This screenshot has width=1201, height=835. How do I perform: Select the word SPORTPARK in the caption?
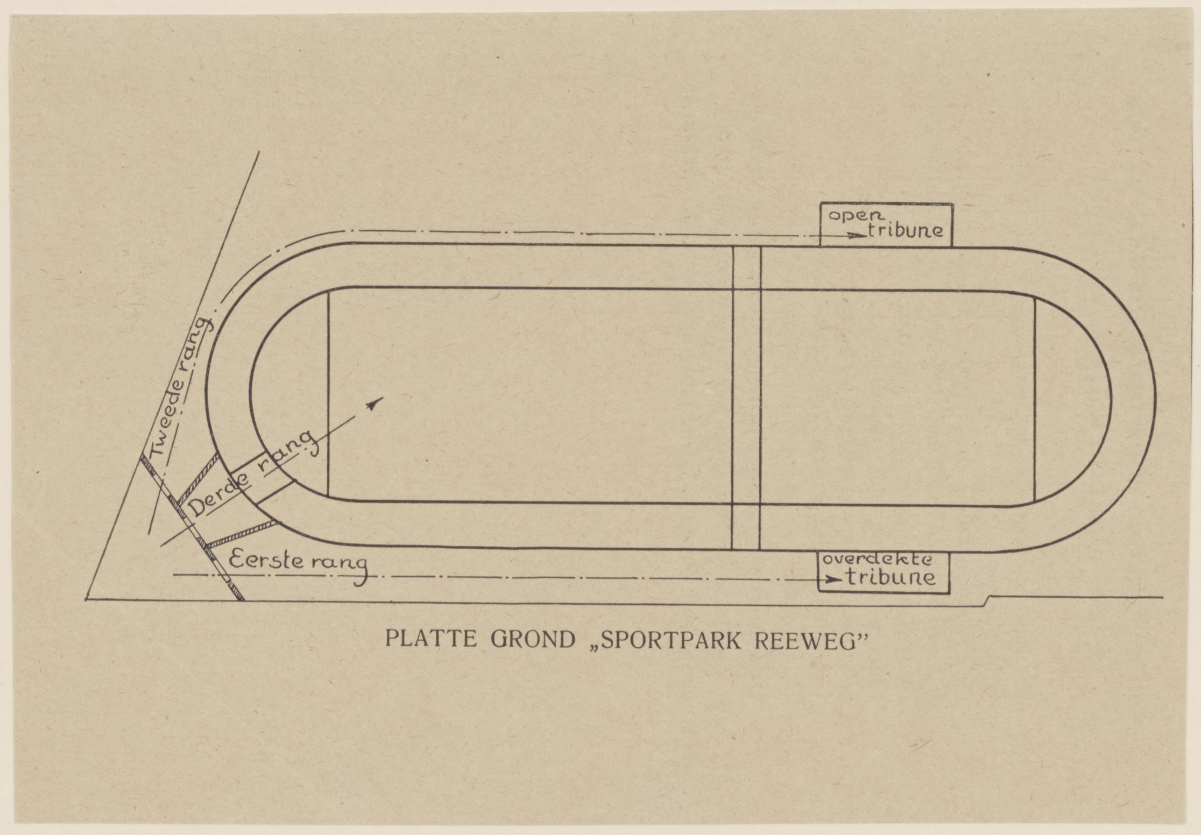[674, 640]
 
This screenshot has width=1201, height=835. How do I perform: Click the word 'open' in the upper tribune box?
[856, 216]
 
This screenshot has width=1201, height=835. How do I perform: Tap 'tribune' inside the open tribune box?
[905, 230]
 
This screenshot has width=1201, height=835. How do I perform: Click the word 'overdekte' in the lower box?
[877, 560]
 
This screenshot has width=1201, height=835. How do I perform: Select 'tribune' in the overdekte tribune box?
[891, 577]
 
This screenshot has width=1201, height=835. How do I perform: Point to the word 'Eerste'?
[266, 561]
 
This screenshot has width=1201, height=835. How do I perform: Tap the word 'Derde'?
[220, 495]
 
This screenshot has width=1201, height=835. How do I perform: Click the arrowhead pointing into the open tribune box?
[853, 235]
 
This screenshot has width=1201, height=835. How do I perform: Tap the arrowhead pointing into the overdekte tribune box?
[833, 579]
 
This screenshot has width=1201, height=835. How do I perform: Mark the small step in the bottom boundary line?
[986, 601]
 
